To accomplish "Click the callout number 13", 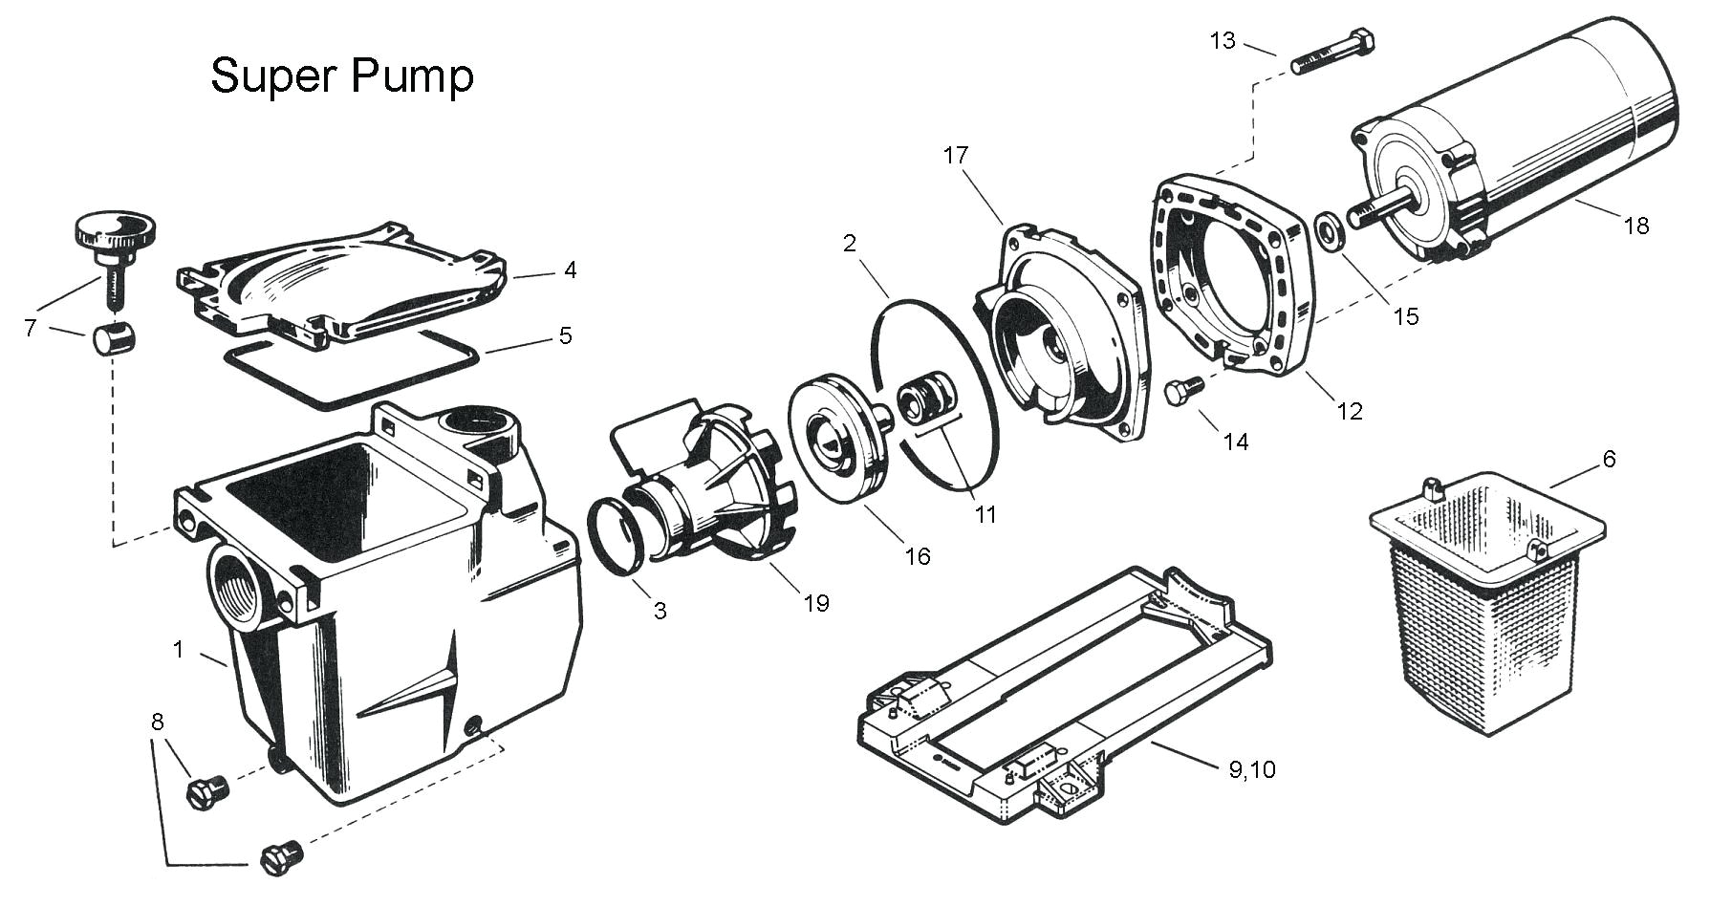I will point(1223,41).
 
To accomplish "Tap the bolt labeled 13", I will point(1333,54).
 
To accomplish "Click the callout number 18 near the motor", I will point(1635,226).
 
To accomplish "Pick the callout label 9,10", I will point(1252,769).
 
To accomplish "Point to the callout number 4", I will point(570,270).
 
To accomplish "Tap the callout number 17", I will point(956,156).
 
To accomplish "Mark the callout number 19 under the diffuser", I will point(816,603).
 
